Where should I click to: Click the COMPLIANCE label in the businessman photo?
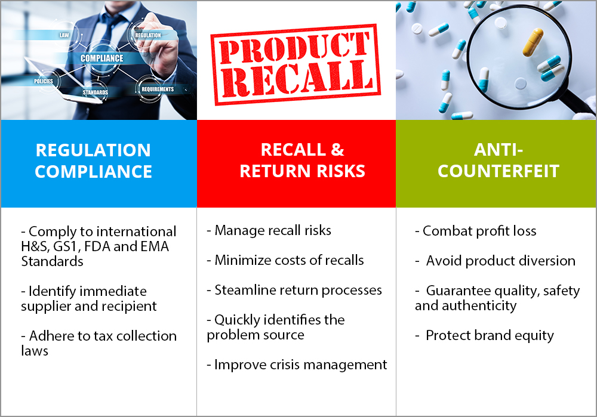tap(101, 58)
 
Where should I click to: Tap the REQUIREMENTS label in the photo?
tap(158, 89)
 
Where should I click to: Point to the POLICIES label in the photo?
tap(44, 81)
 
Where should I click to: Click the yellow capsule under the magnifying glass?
tap(533, 42)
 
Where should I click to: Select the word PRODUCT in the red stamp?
tap(294, 47)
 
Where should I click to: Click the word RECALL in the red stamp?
tap(297, 78)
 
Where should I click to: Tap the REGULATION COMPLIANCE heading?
tap(93, 160)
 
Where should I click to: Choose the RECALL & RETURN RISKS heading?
tap(302, 160)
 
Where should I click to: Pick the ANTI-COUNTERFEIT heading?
tap(498, 160)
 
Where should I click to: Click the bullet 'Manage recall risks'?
tap(269, 230)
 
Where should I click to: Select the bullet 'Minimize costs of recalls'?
tap(285, 260)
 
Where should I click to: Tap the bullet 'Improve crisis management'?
tap(297, 365)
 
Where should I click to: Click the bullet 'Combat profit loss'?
tap(476, 231)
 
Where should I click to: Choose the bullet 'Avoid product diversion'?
tap(496, 261)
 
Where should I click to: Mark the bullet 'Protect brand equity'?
tap(484, 336)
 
